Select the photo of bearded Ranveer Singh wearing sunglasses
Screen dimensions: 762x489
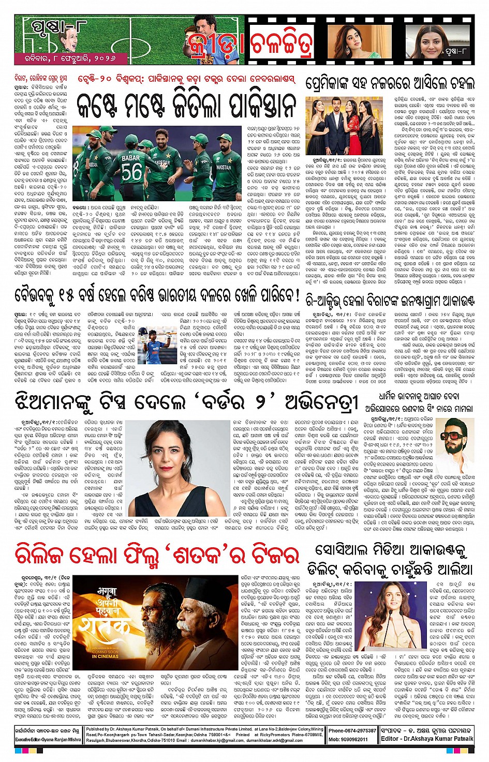(x=455, y=439)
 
